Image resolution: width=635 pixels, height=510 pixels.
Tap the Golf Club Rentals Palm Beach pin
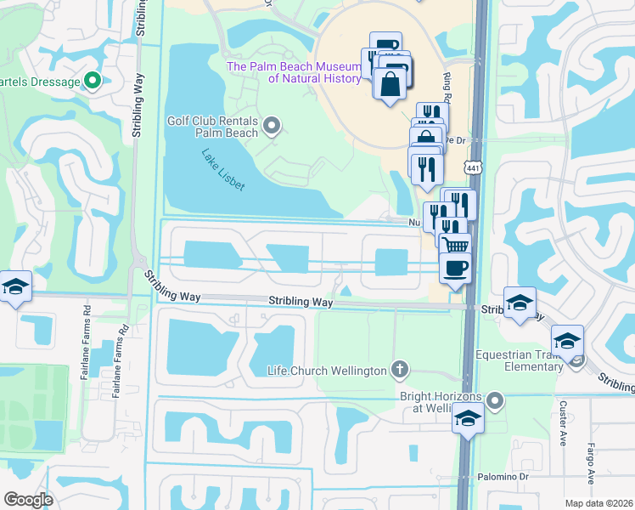(x=272, y=127)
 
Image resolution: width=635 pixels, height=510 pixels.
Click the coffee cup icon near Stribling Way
(x=455, y=268)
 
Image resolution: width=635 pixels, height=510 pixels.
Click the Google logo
(x=28, y=500)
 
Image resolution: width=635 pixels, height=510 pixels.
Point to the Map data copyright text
(x=599, y=503)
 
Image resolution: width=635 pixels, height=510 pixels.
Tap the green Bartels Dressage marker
(x=93, y=82)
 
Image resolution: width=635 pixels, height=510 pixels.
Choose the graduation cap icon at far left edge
(x=15, y=287)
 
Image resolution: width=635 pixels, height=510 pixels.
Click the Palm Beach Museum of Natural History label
(x=306, y=72)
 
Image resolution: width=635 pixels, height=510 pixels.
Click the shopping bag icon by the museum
(x=390, y=85)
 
